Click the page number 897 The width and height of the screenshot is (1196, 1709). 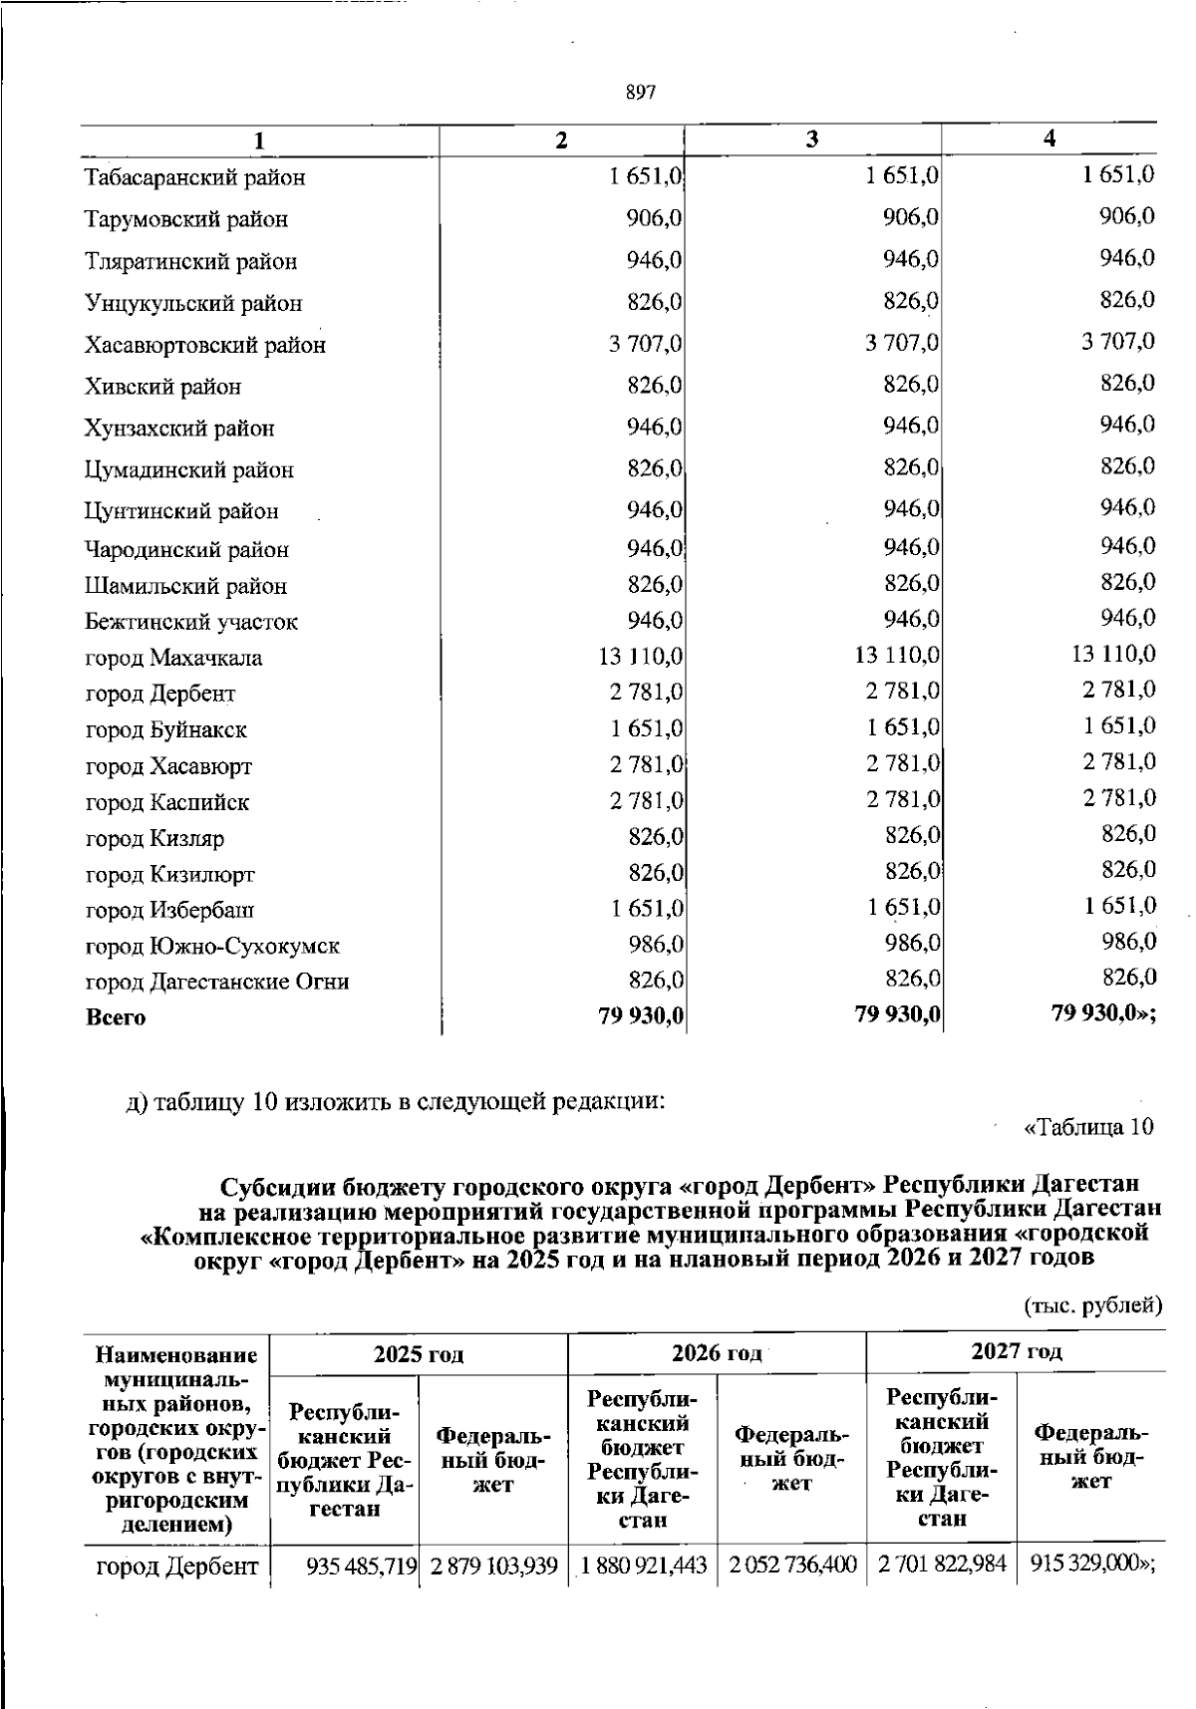tap(640, 93)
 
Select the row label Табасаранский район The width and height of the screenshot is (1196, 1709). tap(194, 178)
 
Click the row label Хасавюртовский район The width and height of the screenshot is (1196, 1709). tap(204, 346)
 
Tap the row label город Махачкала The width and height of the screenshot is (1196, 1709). tap(173, 659)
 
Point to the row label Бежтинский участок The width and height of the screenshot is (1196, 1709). tap(191, 623)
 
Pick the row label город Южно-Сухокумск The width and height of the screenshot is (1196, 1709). tap(212, 946)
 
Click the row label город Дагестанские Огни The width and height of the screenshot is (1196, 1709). tap(216, 982)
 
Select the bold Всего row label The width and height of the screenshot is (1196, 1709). tap(116, 1017)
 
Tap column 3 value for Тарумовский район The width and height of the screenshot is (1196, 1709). tap(911, 217)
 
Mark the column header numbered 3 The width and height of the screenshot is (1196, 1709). tap(812, 140)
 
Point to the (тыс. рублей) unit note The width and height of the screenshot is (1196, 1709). tap(1093, 1304)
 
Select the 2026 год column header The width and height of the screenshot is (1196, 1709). tap(717, 1352)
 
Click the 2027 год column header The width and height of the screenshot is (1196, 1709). tap(1016, 1351)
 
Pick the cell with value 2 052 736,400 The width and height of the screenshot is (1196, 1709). tap(792, 1566)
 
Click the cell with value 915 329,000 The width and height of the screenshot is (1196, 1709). tap(1086, 1565)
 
